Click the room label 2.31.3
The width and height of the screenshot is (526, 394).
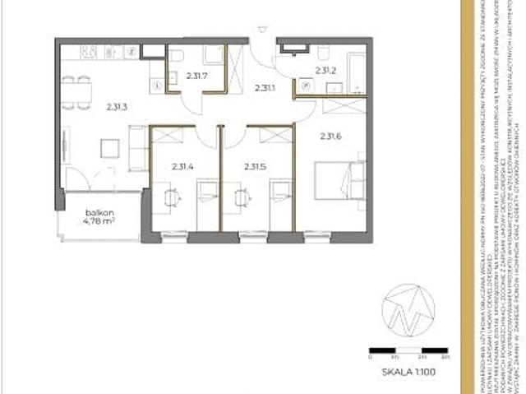tap(117, 104)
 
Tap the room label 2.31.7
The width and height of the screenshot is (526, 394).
tap(196, 76)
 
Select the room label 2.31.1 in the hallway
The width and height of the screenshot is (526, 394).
tap(265, 87)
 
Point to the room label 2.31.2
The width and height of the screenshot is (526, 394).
tap(327, 70)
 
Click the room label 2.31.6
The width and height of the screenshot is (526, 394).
tap(331, 137)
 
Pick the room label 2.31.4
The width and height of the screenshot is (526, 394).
tap(183, 166)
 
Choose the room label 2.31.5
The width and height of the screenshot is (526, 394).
tap(255, 166)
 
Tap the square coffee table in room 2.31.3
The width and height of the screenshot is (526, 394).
tap(109, 149)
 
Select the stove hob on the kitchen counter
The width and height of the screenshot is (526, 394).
tap(90, 51)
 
